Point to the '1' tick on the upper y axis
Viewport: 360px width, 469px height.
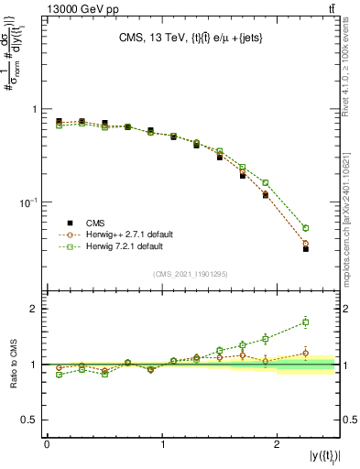[34, 109]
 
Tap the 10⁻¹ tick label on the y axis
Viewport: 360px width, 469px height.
[28, 202]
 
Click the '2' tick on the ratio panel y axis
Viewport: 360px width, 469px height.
[34, 309]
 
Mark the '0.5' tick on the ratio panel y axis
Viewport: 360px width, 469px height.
[29, 420]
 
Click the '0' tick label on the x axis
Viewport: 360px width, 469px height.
[47, 443]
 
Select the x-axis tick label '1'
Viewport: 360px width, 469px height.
[162, 443]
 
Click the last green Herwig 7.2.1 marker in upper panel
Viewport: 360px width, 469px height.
[306, 227]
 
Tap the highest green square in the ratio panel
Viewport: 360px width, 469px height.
[306, 322]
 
